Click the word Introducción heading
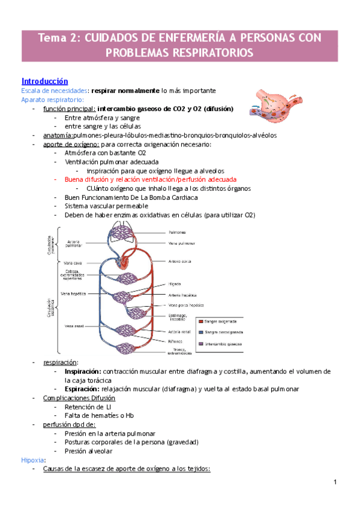45,81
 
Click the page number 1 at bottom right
337,483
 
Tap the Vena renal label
74,325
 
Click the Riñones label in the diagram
177,341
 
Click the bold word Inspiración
83,372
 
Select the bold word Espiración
82,389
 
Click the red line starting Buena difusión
150,179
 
